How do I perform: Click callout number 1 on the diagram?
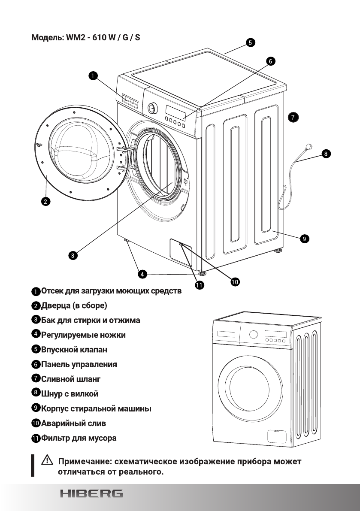[92, 76]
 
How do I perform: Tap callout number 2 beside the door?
[45, 201]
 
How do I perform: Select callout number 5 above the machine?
[250, 42]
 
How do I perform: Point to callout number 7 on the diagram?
[293, 117]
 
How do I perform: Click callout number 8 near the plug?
[326, 153]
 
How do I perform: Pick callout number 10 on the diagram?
[235, 281]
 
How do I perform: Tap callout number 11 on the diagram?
[199, 285]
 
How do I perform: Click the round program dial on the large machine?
[151, 108]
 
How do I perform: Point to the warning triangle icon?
[45, 462]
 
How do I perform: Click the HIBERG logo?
[91, 493]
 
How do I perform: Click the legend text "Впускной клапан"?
[74, 350]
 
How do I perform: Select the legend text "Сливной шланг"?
[71, 379]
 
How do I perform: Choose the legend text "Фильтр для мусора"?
[79, 438]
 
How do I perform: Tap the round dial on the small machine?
[253, 334]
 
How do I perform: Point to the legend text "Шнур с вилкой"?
[70, 393]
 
